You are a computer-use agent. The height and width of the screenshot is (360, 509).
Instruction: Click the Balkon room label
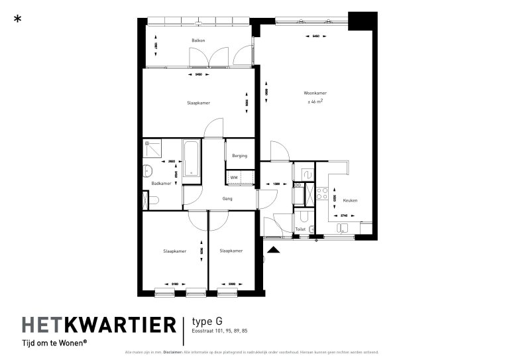[x=198, y=40]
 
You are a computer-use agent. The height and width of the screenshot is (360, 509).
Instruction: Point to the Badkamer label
[x=161, y=183]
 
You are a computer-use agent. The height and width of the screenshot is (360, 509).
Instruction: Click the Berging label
[x=240, y=156]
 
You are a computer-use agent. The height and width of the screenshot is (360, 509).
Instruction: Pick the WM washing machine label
[x=234, y=178]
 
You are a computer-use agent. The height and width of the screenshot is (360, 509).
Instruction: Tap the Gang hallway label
[x=227, y=198]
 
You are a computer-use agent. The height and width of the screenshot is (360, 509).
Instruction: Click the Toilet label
[x=300, y=229]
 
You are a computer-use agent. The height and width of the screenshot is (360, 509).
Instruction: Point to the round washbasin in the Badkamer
[x=148, y=172]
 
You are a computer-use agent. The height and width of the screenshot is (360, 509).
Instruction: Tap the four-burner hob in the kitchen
[x=323, y=193]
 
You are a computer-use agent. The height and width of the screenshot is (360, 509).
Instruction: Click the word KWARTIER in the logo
[x=123, y=325]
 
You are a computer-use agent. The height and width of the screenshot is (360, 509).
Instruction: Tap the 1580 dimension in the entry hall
[x=270, y=183]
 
